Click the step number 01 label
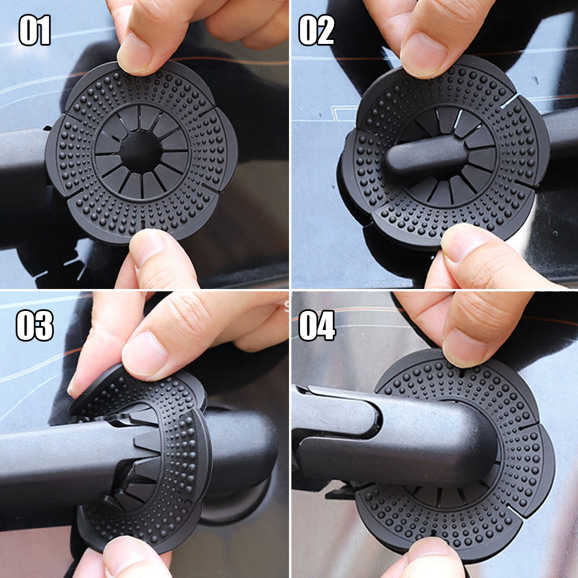[35, 30]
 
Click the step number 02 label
[316, 30]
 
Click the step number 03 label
[35, 325]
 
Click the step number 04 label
[317, 325]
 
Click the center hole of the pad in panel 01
[141, 151]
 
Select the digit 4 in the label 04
[327, 325]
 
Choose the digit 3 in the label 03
[45, 325]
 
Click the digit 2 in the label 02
[326, 30]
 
